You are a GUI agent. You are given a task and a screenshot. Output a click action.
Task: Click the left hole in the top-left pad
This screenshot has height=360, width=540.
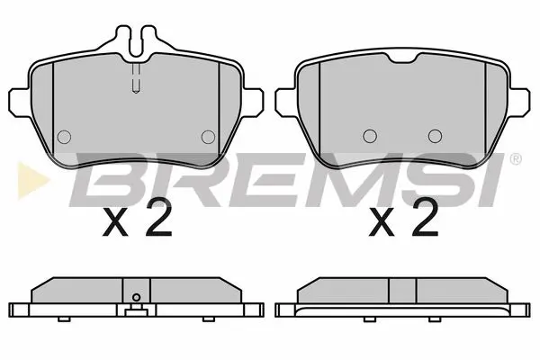[x=63, y=137]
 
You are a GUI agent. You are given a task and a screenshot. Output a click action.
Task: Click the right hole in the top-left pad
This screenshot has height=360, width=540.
[x=208, y=137]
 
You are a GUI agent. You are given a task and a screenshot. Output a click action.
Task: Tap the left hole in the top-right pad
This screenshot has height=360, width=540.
[x=367, y=136]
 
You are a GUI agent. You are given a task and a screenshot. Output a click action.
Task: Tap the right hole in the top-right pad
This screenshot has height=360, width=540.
[x=435, y=136]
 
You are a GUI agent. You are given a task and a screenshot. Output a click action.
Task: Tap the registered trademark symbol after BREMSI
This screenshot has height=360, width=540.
[x=514, y=160]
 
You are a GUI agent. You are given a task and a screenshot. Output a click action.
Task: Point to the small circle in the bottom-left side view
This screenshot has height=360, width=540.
[x=135, y=300]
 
